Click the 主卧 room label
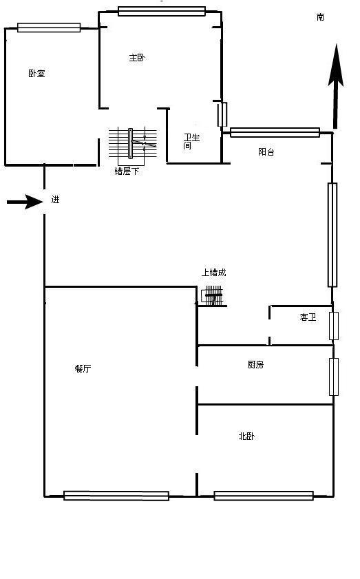point(137,58)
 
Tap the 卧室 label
point(36,73)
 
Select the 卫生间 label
point(191,141)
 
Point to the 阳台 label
point(266,151)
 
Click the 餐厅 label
point(83,368)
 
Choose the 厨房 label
point(255,364)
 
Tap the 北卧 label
point(246,436)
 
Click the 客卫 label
point(308,317)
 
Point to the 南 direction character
point(320,17)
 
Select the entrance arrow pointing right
point(25,201)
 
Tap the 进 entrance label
point(55,200)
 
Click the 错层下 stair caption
point(127,171)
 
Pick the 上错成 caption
point(214,273)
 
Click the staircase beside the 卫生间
point(133,143)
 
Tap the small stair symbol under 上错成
point(213,296)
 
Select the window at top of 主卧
point(162,11)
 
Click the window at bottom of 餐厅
point(116,496)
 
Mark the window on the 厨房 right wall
point(333,377)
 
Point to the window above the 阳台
point(275,132)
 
